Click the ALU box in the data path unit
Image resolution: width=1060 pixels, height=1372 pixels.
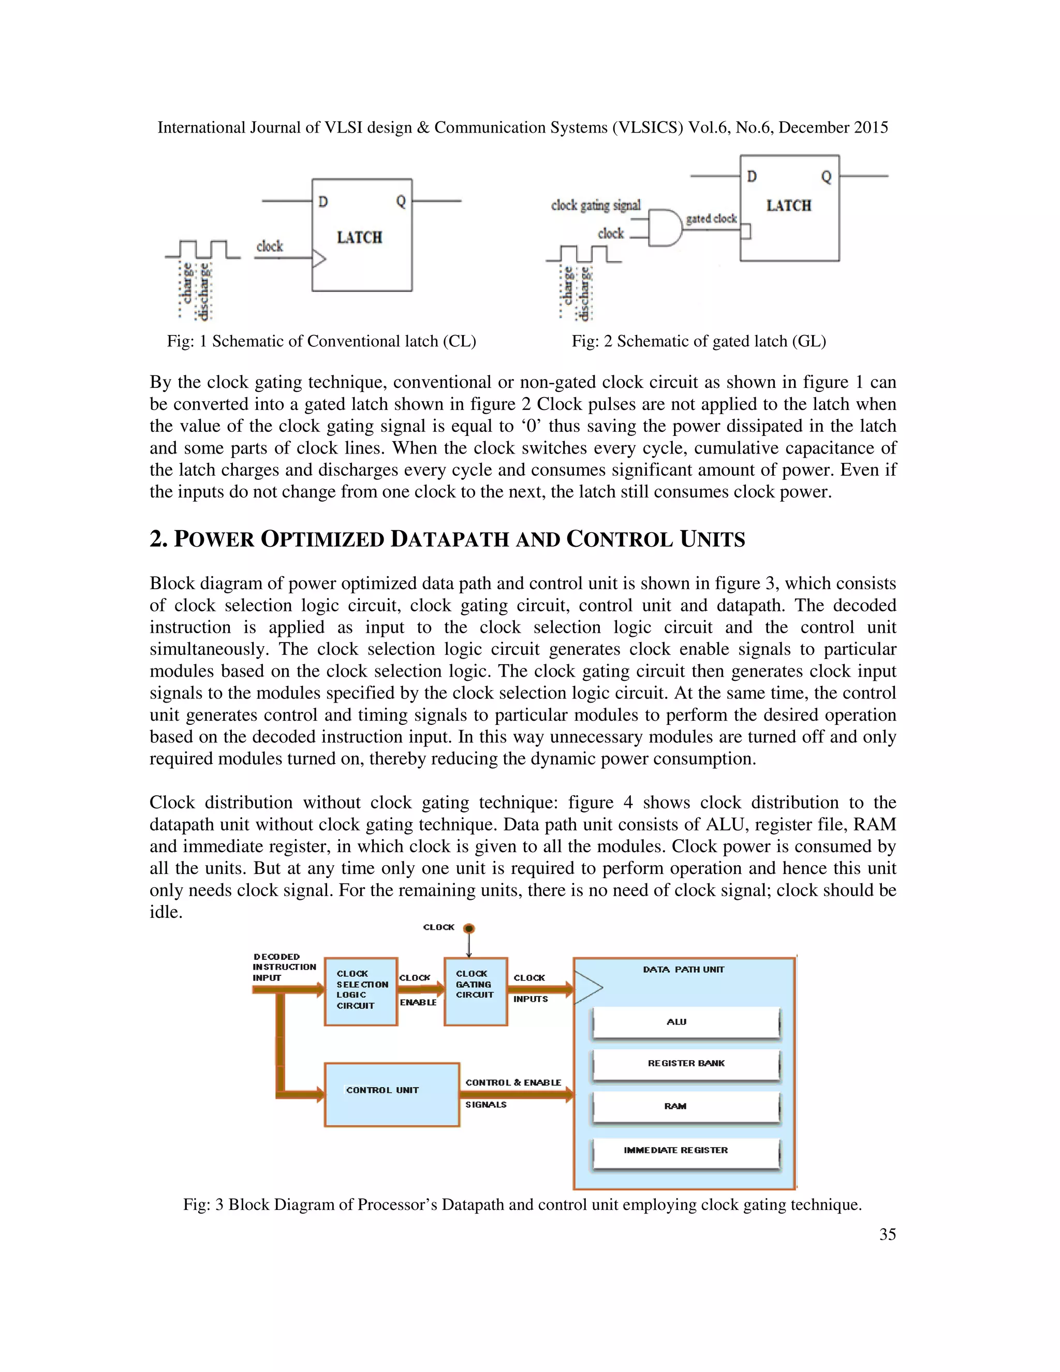click(685, 1022)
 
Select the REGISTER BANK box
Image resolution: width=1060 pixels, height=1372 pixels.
click(685, 1064)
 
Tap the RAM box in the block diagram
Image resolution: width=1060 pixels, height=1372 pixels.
click(685, 1106)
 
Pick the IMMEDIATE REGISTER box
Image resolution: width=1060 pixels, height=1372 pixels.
click(685, 1150)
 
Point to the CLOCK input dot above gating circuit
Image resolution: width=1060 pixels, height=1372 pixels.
click(469, 928)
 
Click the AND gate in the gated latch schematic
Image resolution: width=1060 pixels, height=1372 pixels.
click(665, 228)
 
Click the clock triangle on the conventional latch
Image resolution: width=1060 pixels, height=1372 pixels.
click(319, 258)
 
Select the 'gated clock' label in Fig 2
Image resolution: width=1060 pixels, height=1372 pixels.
click(711, 218)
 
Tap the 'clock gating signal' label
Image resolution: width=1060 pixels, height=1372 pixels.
click(595, 206)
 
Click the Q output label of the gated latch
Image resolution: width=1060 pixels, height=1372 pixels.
click(826, 177)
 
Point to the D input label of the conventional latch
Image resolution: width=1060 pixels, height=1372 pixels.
click(323, 201)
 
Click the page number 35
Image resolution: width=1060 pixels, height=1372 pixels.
click(887, 1234)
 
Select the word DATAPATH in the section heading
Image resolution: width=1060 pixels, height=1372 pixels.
click(450, 539)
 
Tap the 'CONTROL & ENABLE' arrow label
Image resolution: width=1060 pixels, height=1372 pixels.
click(513, 1083)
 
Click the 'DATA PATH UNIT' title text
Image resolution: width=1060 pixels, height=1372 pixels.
click(683, 969)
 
